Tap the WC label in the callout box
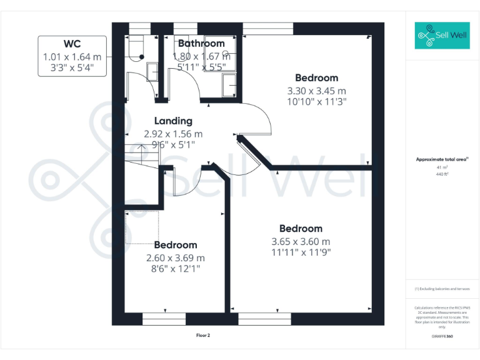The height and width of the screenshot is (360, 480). pos(72,44)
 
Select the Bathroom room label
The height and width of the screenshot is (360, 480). pos(201,44)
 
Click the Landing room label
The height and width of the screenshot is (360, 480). pos(173,121)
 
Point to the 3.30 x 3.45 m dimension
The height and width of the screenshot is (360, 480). pos(317,90)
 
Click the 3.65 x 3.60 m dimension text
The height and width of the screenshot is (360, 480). pos(301,241)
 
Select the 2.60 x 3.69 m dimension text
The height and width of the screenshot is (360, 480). pos(175,257)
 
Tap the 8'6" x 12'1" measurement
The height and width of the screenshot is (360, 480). pos(175,269)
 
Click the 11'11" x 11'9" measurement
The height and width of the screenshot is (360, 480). pos(301,252)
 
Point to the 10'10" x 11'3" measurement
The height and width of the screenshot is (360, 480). pos(317,101)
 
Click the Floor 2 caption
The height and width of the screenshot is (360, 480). pos(203,336)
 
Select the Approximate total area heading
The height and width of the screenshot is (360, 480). pos(442,159)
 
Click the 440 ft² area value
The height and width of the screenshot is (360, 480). pos(442,174)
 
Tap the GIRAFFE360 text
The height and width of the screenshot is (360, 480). pos(442,336)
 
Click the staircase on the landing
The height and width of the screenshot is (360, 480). pos(140,156)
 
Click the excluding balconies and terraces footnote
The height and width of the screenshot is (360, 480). pos(442,289)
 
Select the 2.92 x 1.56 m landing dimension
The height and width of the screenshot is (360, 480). pos(173,134)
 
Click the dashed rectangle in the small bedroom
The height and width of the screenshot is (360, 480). pos(142,227)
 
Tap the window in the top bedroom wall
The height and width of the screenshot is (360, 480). pos(267,27)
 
